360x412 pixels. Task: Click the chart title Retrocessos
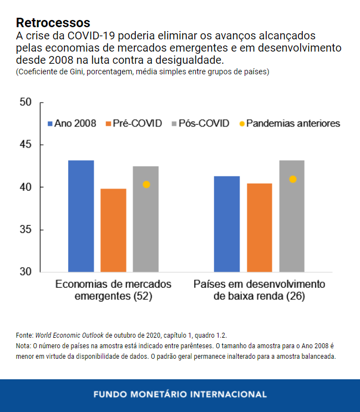[x=53, y=23]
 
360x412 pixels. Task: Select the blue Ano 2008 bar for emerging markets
[x=81, y=216]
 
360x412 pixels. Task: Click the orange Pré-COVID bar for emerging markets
[x=113, y=230]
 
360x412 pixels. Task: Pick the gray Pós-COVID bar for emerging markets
[x=145, y=219]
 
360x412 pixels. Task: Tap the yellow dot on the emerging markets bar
[x=146, y=185]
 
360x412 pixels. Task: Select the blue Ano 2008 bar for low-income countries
[x=227, y=224]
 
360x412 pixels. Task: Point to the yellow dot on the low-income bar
[x=293, y=179]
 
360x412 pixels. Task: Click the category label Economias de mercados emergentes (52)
[x=113, y=290]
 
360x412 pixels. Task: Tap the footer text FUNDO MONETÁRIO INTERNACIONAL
[x=180, y=395]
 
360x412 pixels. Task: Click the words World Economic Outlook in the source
[x=69, y=335]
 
